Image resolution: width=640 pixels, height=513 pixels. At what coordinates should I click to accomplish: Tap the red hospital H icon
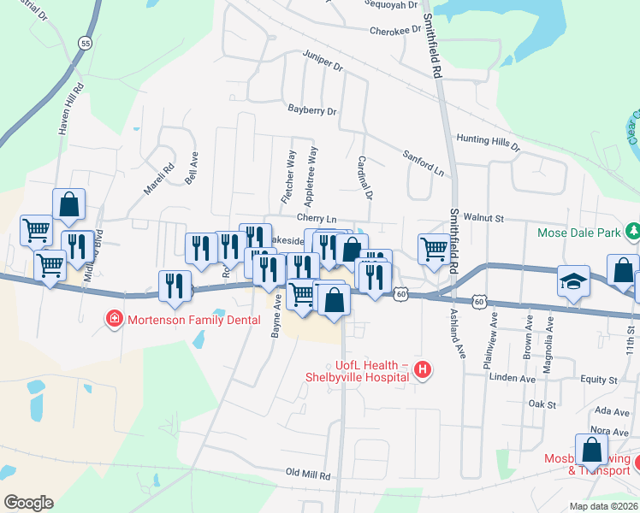point(421,369)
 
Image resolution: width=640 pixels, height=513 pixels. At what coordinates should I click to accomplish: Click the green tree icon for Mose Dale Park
point(633,232)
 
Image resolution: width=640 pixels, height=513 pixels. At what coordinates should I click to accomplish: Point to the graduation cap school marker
point(572,281)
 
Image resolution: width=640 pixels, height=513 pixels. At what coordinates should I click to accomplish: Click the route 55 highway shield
point(84,42)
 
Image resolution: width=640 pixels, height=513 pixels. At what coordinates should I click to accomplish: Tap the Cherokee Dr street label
point(397,32)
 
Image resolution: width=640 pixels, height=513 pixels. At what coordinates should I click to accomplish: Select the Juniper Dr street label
point(323,60)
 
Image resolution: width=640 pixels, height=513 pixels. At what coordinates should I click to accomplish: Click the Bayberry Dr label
point(312,111)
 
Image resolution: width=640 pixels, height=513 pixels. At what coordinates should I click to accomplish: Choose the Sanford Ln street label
point(424,163)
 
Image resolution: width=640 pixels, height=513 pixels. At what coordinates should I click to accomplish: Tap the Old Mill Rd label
point(308,473)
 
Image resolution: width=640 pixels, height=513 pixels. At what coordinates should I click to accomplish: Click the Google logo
point(27,503)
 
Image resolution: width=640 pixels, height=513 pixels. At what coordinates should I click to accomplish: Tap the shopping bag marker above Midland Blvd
point(68,205)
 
